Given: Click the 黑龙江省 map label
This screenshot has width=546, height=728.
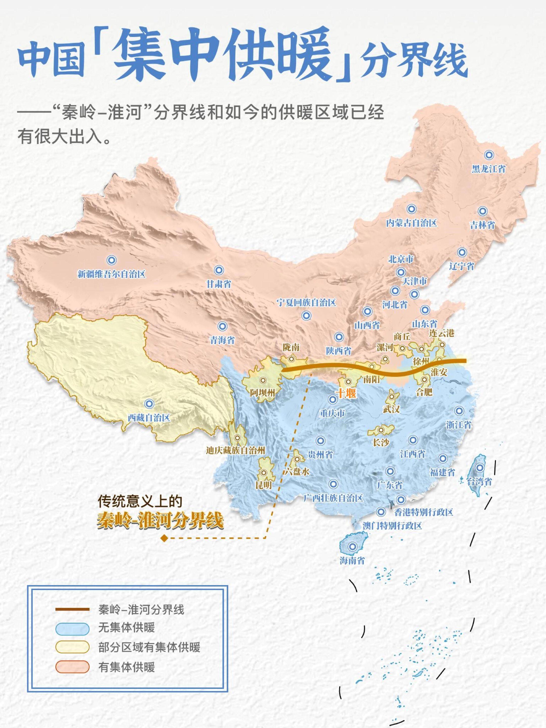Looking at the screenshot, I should click(488, 169).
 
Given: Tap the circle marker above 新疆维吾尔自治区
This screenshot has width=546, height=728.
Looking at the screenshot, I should click(111, 260).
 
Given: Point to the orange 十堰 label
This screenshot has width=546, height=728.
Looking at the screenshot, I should click(346, 393).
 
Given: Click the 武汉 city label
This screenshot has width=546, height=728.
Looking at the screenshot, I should click(391, 409).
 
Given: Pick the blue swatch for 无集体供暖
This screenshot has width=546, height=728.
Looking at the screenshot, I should click(72, 629).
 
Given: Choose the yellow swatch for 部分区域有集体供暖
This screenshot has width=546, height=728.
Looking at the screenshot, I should click(72, 647).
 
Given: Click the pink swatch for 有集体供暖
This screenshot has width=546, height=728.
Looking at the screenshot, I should click(72, 667).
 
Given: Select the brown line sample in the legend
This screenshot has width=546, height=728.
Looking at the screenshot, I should click(72, 609).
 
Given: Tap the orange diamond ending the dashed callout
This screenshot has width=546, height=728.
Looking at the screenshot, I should click(163, 538).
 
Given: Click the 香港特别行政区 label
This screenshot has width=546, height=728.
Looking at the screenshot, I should click(424, 512).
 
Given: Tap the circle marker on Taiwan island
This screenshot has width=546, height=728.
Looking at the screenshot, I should click(480, 467).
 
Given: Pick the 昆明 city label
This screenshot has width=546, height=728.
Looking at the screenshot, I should click(264, 485).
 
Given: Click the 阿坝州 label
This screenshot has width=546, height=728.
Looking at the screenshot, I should click(262, 392).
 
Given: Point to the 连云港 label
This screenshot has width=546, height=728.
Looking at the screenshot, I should click(442, 333).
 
